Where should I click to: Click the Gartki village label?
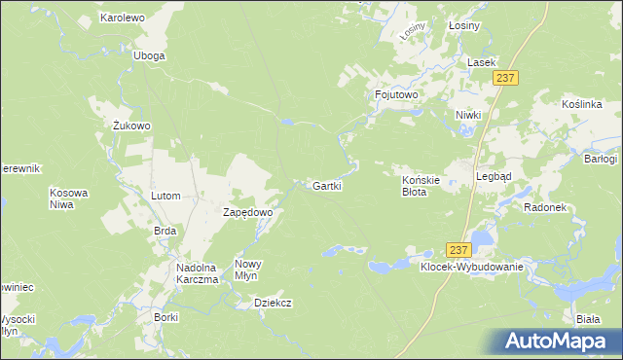(x=326, y=185)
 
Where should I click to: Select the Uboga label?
(x=149, y=55)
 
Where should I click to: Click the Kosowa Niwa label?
(x=69, y=198)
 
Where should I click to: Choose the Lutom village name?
(x=165, y=196)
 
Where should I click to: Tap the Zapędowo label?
(x=247, y=211)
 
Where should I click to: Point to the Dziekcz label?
(x=274, y=303)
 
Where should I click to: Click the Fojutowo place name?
(x=396, y=94)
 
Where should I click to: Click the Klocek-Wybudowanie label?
(x=472, y=267)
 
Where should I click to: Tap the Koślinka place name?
(x=584, y=104)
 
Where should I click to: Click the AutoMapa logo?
(x=554, y=341)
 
